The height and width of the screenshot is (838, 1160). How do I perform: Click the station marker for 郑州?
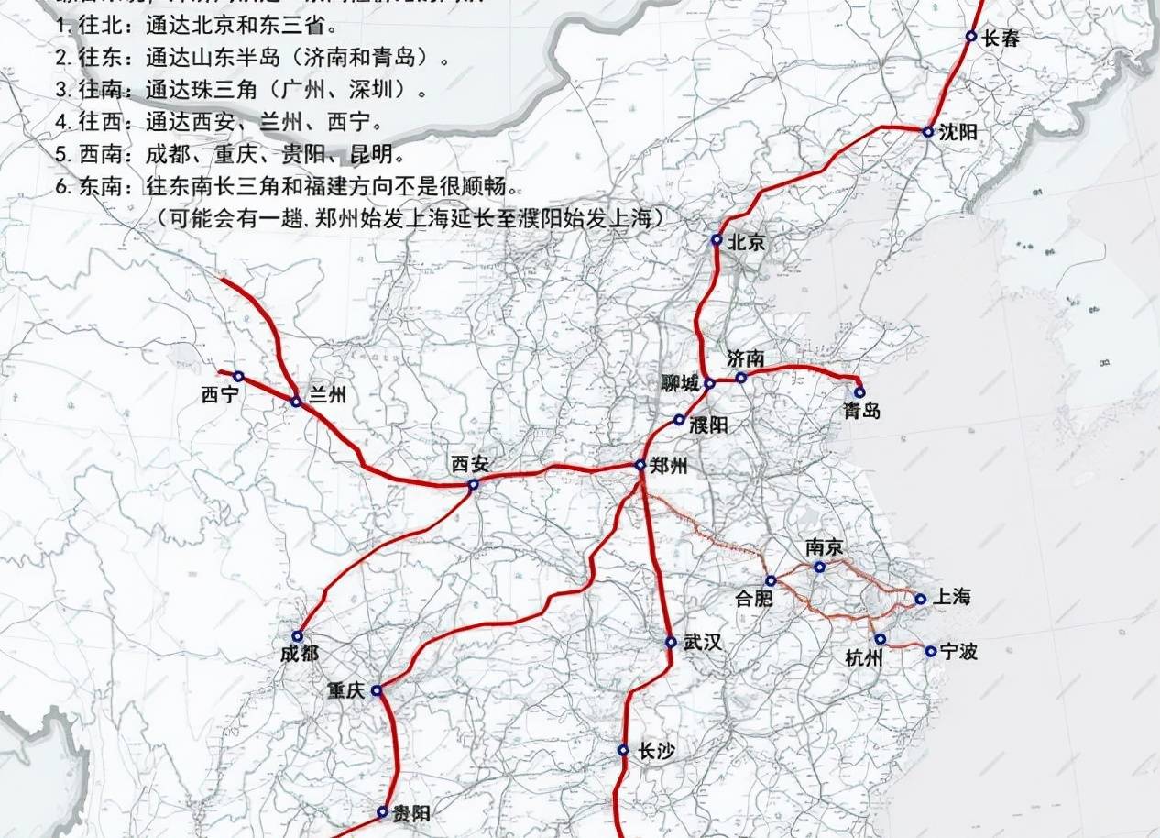640,466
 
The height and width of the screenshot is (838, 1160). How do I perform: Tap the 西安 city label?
470,464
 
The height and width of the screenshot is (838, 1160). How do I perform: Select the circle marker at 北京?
717,240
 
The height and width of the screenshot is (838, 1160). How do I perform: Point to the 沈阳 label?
958,132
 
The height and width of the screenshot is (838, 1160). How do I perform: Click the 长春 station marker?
971,37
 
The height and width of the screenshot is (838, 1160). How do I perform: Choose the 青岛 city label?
861,411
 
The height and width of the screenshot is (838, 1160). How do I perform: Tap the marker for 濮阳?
679,420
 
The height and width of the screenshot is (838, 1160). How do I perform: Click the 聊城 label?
681,382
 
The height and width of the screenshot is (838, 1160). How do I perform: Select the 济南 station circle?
741,378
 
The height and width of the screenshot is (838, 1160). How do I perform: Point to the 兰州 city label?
327,395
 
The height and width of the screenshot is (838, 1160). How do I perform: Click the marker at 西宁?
238,376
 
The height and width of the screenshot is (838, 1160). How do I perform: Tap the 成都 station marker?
298,636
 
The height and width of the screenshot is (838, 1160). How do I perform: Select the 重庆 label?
345,690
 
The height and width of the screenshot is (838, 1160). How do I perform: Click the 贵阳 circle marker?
382,811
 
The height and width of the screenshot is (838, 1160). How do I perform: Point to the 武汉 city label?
703,643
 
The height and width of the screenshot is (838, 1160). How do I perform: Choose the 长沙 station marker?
623,750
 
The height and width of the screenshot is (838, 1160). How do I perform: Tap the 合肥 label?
755,599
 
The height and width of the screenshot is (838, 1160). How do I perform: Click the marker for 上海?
921,600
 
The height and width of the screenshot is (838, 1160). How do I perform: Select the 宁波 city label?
958,652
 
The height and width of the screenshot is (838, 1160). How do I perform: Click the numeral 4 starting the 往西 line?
60,122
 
